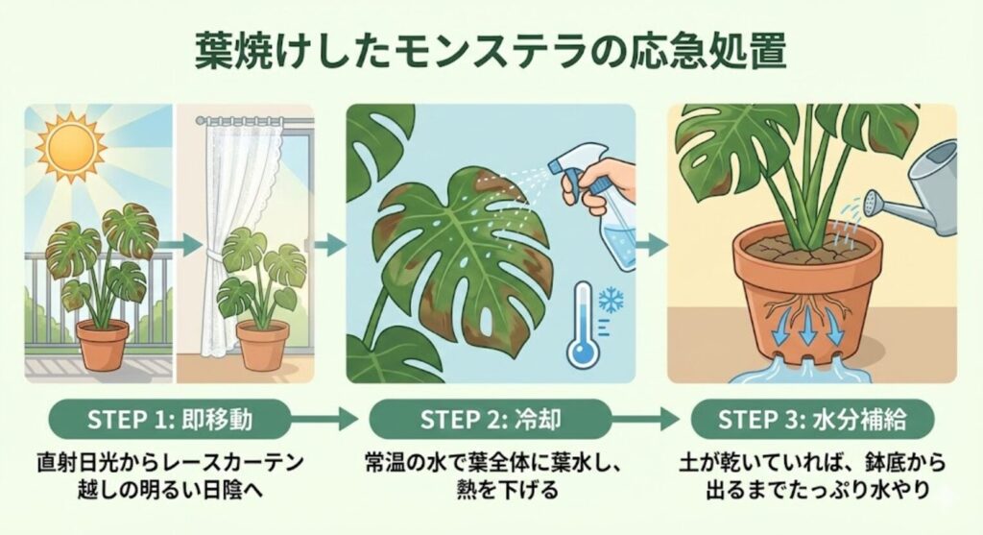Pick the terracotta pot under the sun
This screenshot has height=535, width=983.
tap(102, 344)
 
